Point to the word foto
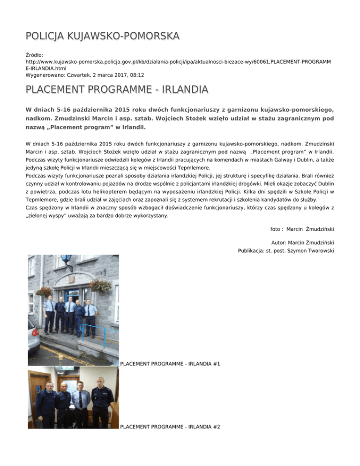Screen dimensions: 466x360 [x=277, y=229]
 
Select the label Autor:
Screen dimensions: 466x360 [x=280, y=243]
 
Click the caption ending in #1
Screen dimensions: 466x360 [x=170, y=364]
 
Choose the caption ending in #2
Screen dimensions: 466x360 [x=170, y=427]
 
